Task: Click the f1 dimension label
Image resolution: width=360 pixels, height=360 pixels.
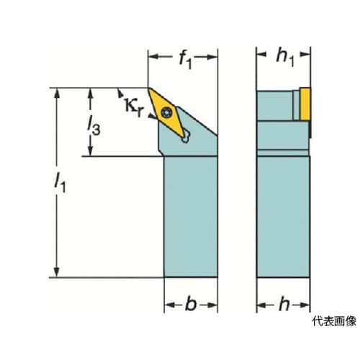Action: (186, 60)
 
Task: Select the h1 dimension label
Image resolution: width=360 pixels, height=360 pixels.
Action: (285, 58)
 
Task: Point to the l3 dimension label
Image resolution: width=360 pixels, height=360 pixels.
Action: (94, 125)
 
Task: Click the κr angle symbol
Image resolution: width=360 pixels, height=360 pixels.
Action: (134, 107)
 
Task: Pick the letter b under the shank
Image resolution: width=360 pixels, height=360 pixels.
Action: (191, 304)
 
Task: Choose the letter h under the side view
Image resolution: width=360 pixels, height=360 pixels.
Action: (284, 304)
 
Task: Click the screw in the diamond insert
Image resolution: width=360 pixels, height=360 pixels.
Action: (166, 112)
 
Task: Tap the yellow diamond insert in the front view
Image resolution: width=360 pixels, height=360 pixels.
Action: (166, 113)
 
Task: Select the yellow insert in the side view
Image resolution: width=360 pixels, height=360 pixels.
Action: (305, 104)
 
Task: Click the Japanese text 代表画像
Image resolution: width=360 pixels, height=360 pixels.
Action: (334, 321)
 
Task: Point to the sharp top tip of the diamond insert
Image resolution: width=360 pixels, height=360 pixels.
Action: (148, 89)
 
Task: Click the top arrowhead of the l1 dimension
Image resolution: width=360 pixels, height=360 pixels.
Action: (57, 93)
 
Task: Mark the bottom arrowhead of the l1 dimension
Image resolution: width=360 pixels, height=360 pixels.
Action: (57, 272)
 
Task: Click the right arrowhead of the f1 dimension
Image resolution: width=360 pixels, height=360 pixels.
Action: (212, 57)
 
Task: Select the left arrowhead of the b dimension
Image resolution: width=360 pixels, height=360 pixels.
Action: (169, 305)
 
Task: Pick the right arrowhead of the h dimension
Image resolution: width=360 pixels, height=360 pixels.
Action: (305, 305)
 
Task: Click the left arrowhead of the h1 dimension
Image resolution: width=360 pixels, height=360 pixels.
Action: (261, 54)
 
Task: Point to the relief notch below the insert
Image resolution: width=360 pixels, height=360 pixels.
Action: (186, 137)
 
